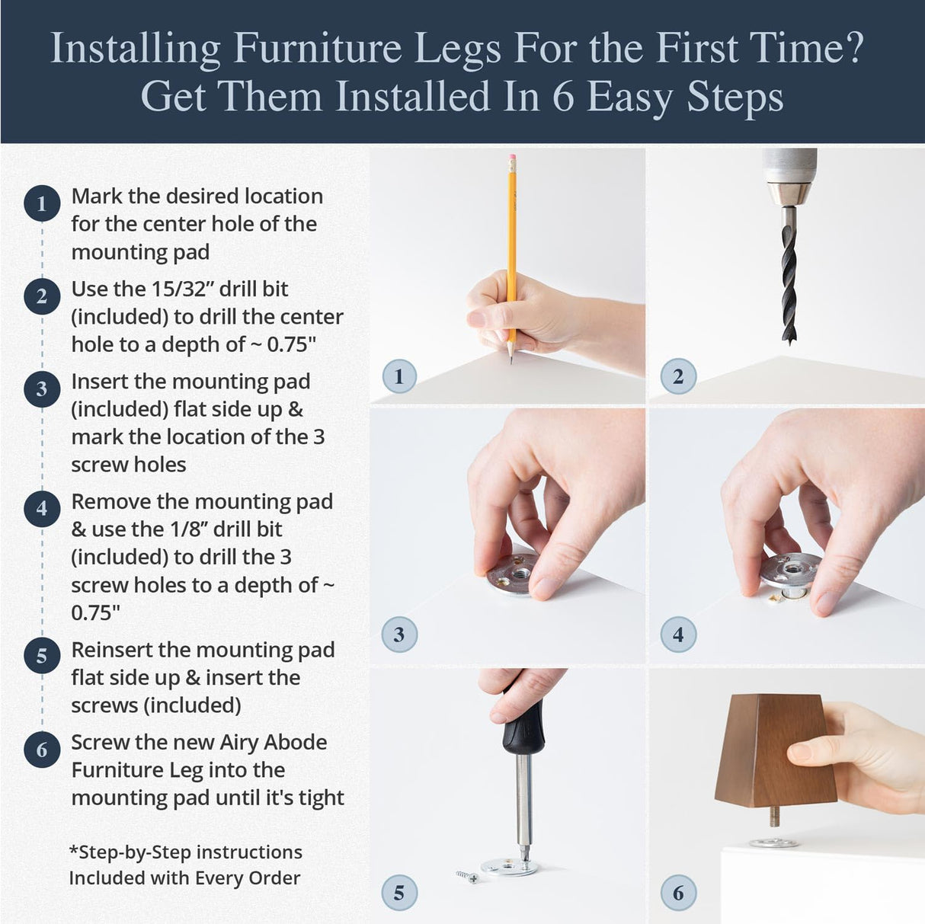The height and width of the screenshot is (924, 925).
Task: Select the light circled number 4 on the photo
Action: pos(678,635)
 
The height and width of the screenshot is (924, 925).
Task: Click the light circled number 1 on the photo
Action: pos(398,376)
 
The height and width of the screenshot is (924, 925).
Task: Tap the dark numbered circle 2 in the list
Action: pos(42,296)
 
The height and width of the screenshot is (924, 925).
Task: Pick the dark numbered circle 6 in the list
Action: pos(42,750)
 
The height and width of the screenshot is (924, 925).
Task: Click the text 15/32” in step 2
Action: pos(178,289)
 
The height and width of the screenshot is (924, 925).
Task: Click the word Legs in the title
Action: pos(457,50)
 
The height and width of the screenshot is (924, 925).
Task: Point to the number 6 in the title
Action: pos(562,98)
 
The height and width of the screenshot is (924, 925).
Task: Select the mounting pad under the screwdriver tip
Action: pos(509,866)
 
